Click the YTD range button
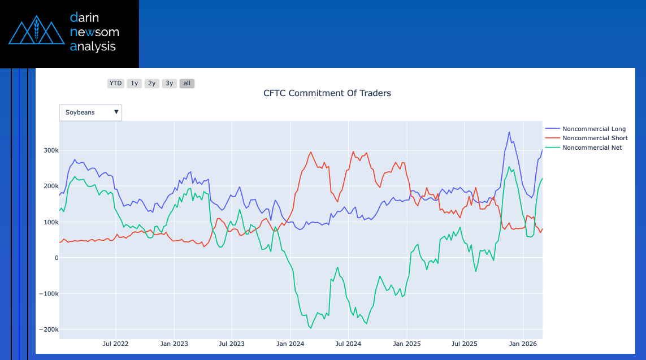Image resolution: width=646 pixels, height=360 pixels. pyautogui.click(x=115, y=84)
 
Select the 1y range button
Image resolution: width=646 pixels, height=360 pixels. pyautogui.click(x=134, y=84)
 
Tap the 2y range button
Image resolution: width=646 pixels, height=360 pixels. pyautogui.click(x=151, y=84)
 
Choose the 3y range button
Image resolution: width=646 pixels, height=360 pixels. pyautogui.click(x=169, y=84)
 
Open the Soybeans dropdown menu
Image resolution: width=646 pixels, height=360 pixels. pyautogui.click(x=91, y=112)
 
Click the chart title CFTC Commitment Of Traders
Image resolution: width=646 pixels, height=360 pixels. pyautogui.click(x=327, y=93)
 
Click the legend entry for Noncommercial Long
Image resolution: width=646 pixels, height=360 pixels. pyautogui.click(x=593, y=129)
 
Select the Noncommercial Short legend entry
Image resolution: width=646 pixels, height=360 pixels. pyautogui.click(x=595, y=138)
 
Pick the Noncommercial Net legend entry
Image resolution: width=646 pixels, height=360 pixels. pyautogui.click(x=592, y=148)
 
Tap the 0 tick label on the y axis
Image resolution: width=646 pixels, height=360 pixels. pyautogui.click(x=56, y=258)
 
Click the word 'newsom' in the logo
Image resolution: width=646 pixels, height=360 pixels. pyautogui.click(x=94, y=32)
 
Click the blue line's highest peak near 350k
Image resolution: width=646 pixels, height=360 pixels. pyautogui.click(x=509, y=132)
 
